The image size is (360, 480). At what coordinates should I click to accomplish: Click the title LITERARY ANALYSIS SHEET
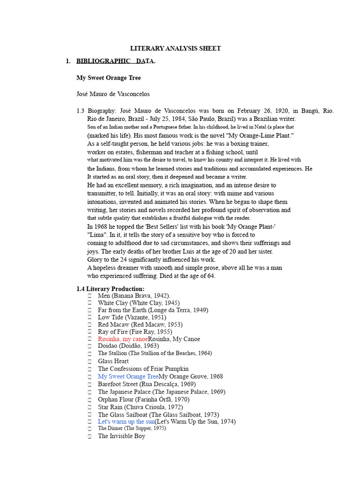coord(175,48)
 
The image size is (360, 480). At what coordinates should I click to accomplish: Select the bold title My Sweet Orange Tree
coord(108,78)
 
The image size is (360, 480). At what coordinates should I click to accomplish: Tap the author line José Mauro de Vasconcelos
coord(113,94)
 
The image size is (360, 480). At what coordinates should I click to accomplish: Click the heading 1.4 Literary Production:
coord(111,289)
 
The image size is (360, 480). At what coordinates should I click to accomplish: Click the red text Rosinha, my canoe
coord(123,339)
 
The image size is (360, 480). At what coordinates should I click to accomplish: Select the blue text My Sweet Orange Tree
coord(128,376)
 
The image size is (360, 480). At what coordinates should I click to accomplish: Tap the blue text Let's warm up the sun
coord(126,421)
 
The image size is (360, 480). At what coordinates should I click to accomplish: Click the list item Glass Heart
coord(113,361)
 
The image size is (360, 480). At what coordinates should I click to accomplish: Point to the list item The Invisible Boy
coord(121,436)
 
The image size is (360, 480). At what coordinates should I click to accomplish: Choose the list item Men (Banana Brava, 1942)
coord(134,296)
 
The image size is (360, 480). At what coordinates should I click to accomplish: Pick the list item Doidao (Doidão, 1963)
coord(128,346)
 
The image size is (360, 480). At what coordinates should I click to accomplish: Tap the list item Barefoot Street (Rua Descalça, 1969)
coord(147,384)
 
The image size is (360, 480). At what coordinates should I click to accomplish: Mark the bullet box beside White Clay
coord(90,303)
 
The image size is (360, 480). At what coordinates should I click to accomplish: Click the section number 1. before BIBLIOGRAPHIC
coord(68,61)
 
